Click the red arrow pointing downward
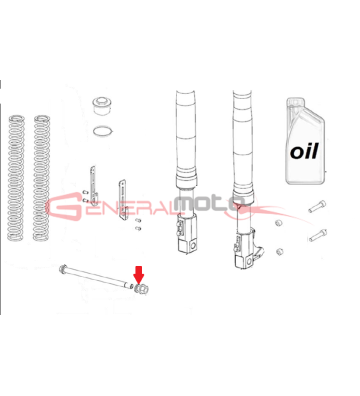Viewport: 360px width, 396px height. point(139,274)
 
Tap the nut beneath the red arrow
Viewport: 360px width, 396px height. point(141,288)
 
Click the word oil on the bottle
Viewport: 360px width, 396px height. point(304,151)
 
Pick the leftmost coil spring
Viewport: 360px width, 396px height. point(15,178)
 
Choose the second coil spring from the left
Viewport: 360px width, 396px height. point(41,178)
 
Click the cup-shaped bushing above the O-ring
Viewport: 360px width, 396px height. point(102,105)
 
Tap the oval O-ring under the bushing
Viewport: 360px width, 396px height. point(103,131)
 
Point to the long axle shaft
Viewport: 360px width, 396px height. point(97,277)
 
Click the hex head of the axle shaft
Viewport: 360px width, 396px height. point(62,268)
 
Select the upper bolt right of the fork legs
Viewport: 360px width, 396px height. point(316,206)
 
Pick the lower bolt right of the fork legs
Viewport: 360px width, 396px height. point(317,235)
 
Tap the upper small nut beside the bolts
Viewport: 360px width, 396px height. point(279,223)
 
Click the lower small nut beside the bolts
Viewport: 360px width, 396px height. point(279,251)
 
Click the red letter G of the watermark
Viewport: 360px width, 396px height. point(64,207)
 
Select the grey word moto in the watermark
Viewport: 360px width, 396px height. point(209,204)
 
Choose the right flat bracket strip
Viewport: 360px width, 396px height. point(123,199)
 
